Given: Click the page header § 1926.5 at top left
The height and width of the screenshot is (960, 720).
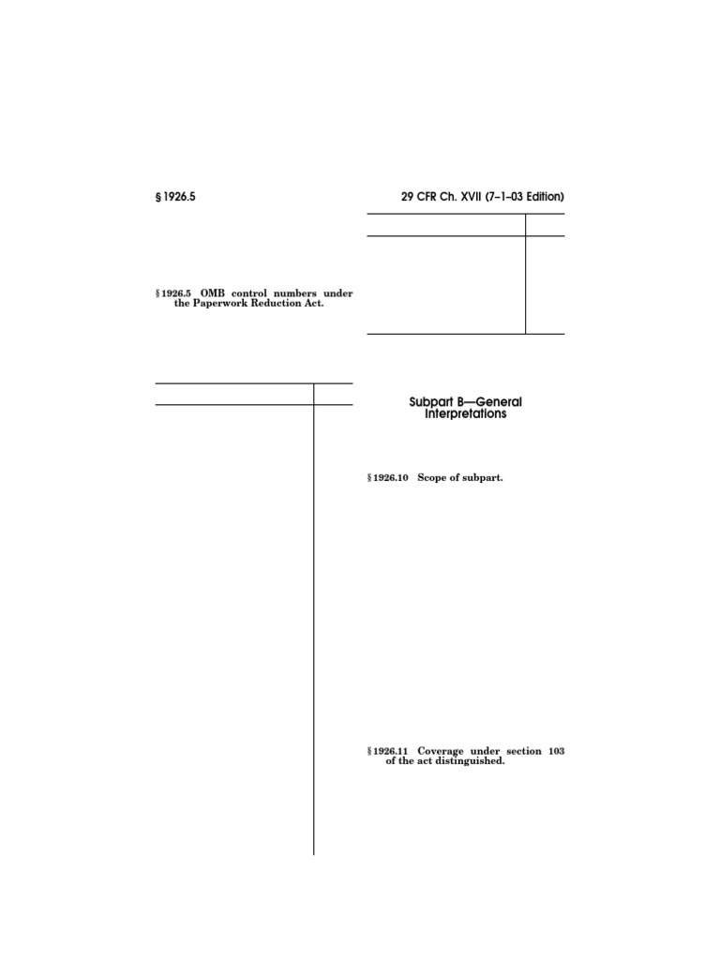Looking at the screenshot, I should tap(176, 198).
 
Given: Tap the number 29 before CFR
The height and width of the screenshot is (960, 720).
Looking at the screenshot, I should tap(408, 198).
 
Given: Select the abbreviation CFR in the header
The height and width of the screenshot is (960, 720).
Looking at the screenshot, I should tap(432, 198).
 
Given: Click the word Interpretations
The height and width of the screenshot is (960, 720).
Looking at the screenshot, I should tap(465, 413).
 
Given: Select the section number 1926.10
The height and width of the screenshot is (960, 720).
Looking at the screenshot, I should tap(389, 478).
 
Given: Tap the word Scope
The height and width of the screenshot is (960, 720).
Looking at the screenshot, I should tap(434, 478).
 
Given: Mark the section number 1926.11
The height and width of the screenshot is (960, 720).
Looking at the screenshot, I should tap(389, 751).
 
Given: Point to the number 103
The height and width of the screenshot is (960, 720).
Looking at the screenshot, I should tap(554, 751).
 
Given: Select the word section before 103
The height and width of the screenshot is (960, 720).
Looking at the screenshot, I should tap(519, 751).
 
